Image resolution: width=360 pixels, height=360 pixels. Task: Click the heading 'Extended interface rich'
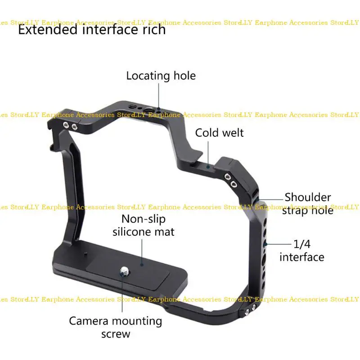click(x=92, y=30)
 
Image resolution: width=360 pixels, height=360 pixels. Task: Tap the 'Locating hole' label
click(x=161, y=76)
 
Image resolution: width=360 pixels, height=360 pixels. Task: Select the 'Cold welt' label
click(x=219, y=133)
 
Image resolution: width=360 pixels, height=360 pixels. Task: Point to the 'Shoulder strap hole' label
click(x=308, y=203)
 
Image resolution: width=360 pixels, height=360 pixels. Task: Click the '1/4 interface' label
click(x=302, y=251)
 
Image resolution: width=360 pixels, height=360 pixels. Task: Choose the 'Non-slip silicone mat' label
click(x=144, y=225)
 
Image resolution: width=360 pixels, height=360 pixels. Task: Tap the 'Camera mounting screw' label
click(x=115, y=327)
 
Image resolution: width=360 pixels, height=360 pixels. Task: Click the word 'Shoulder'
click(x=308, y=197)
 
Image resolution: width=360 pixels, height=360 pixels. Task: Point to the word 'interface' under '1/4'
click(x=302, y=257)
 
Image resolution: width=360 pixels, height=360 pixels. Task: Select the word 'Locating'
click(x=147, y=76)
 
